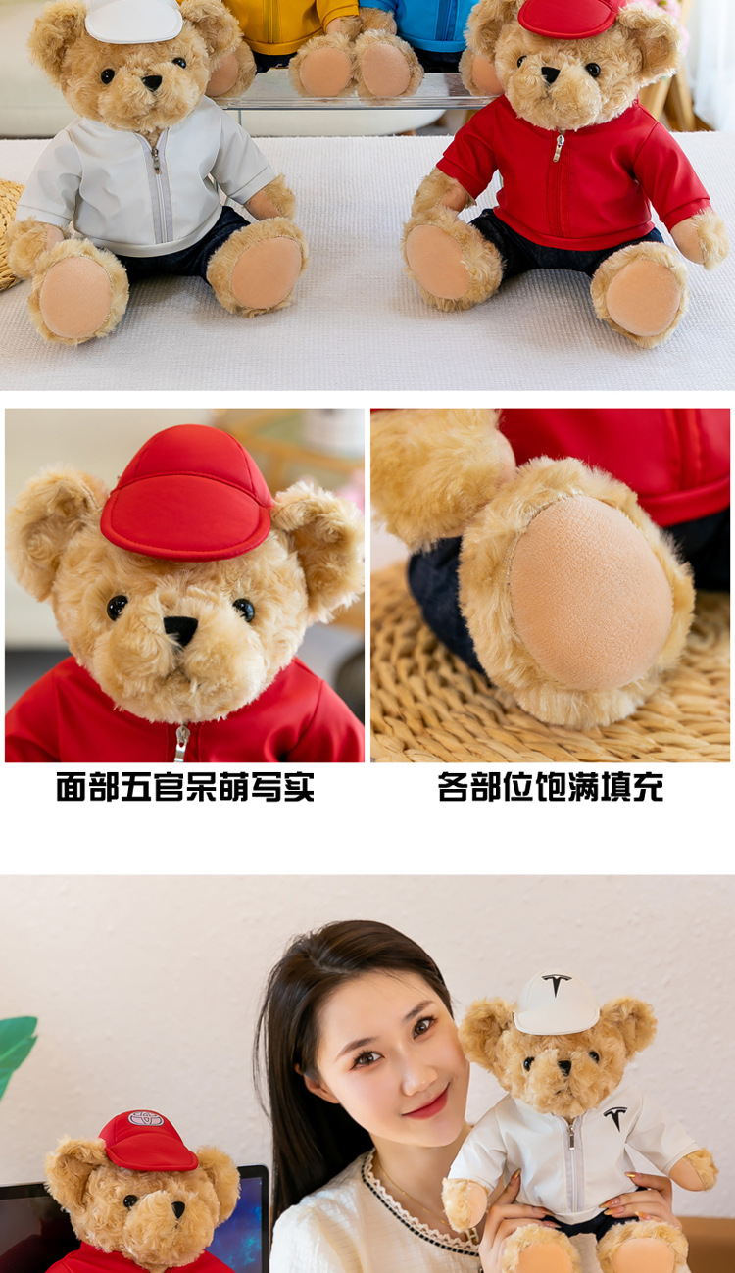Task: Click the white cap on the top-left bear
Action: pyautogui.click(x=133, y=20)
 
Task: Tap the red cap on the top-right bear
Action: pyautogui.click(x=570, y=17)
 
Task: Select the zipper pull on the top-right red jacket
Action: pyautogui.click(x=560, y=147)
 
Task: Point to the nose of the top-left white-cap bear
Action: pyautogui.click(x=152, y=82)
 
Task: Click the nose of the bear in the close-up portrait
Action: pyautogui.click(x=180, y=630)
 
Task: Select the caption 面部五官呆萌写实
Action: pyautogui.click(x=185, y=787)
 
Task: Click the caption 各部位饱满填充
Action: pyautogui.click(x=550, y=787)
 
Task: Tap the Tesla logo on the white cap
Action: pyautogui.click(x=557, y=984)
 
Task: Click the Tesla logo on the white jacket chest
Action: pyautogui.click(x=615, y=1116)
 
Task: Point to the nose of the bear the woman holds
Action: pyautogui.click(x=565, y=1067)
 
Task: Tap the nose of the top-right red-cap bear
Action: pyautogui.click(x=550, y=73)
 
